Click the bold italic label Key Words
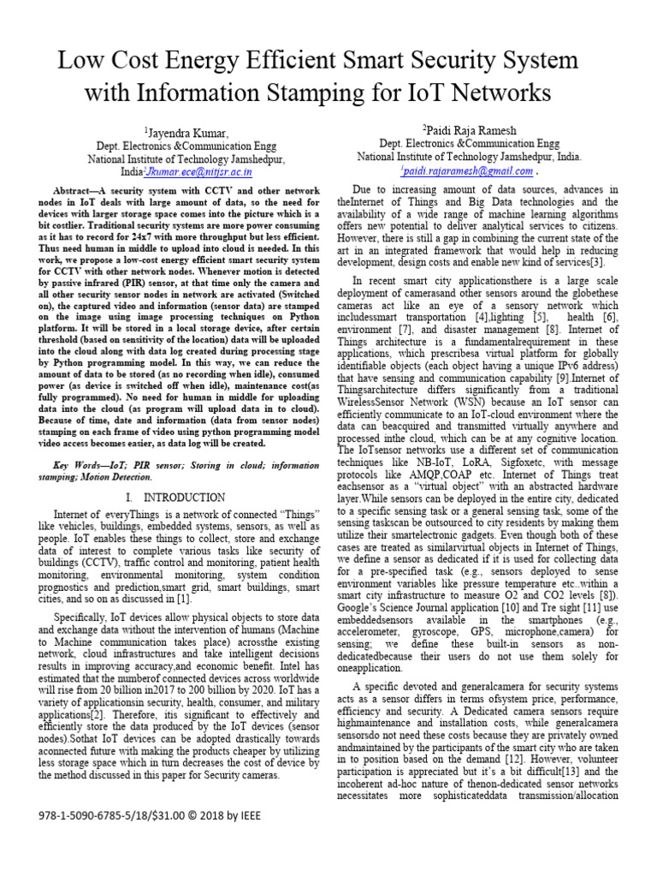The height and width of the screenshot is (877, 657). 81,462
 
